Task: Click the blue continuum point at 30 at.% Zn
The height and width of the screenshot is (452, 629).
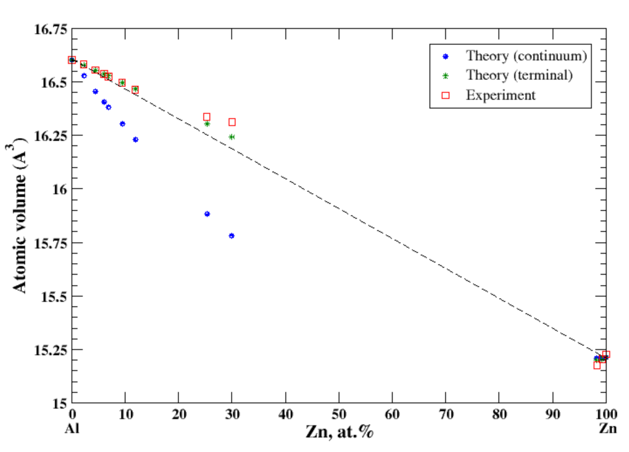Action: pos(232,236)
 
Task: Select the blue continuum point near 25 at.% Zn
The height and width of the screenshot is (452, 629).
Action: pos(207,214)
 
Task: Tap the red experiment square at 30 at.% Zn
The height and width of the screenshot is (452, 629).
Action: pos(232,122)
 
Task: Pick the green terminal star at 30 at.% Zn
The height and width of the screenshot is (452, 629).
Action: pos(232,137)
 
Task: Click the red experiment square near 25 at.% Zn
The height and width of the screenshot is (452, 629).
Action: pos(206,117)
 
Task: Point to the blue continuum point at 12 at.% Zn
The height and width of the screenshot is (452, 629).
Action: pos(135,140)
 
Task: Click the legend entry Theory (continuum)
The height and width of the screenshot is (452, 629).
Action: pos(526,56)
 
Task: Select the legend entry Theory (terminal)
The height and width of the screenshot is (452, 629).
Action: pos(519,75)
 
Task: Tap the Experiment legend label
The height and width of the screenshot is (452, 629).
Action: pos(500,95)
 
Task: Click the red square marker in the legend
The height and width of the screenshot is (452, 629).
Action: pos(445,95)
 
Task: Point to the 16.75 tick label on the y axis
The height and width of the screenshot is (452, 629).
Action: pos(50,29)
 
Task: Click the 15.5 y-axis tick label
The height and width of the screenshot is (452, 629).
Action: pos(54,296)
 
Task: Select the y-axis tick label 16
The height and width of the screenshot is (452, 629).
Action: pos(59,189)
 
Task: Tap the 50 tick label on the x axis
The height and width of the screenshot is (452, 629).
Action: pos(338,414)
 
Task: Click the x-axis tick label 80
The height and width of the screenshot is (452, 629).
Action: pos(499,414)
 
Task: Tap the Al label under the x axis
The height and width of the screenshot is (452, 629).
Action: pos(72,429)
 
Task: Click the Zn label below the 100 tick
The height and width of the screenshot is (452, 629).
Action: pos(608,429)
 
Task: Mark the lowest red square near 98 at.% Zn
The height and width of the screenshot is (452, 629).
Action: pos(597,365)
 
